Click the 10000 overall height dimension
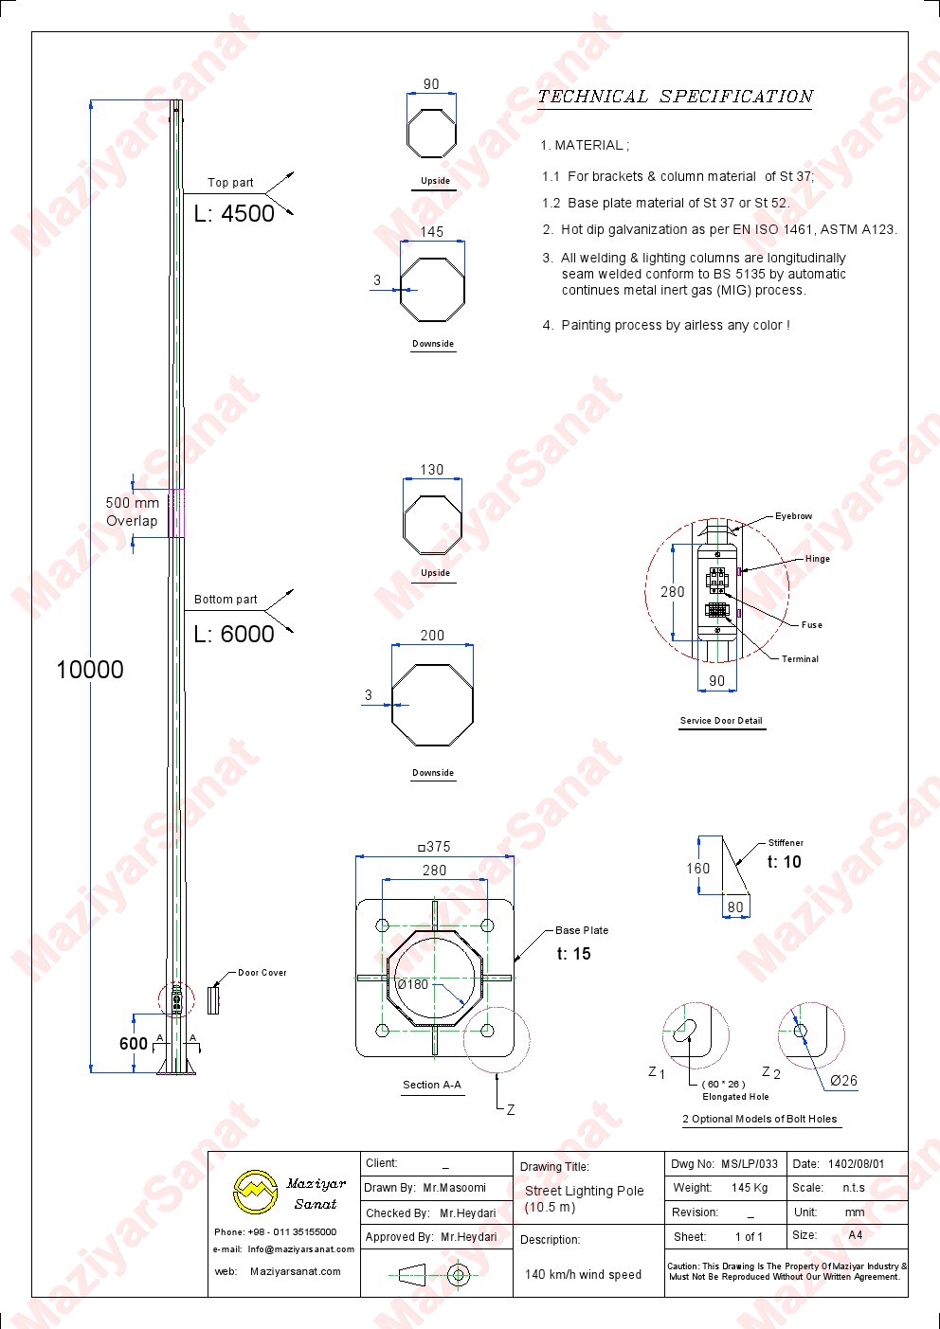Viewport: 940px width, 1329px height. [x=90, y=670]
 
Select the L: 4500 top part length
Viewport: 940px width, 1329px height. [x=234, y=213]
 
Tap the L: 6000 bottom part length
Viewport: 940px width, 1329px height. [x=234, y=634]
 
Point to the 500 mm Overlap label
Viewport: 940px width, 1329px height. [x=133, y=512]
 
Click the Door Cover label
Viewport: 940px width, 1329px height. [x=262, y=973]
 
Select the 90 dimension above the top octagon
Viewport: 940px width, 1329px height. [x=431, y=84]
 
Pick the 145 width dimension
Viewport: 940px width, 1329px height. [x=431, y=231]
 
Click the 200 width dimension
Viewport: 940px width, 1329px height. [x=432, y=636]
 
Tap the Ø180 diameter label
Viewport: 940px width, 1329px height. [x=412, y=984]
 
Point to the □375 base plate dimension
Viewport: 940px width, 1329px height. [x=434, y=847]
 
